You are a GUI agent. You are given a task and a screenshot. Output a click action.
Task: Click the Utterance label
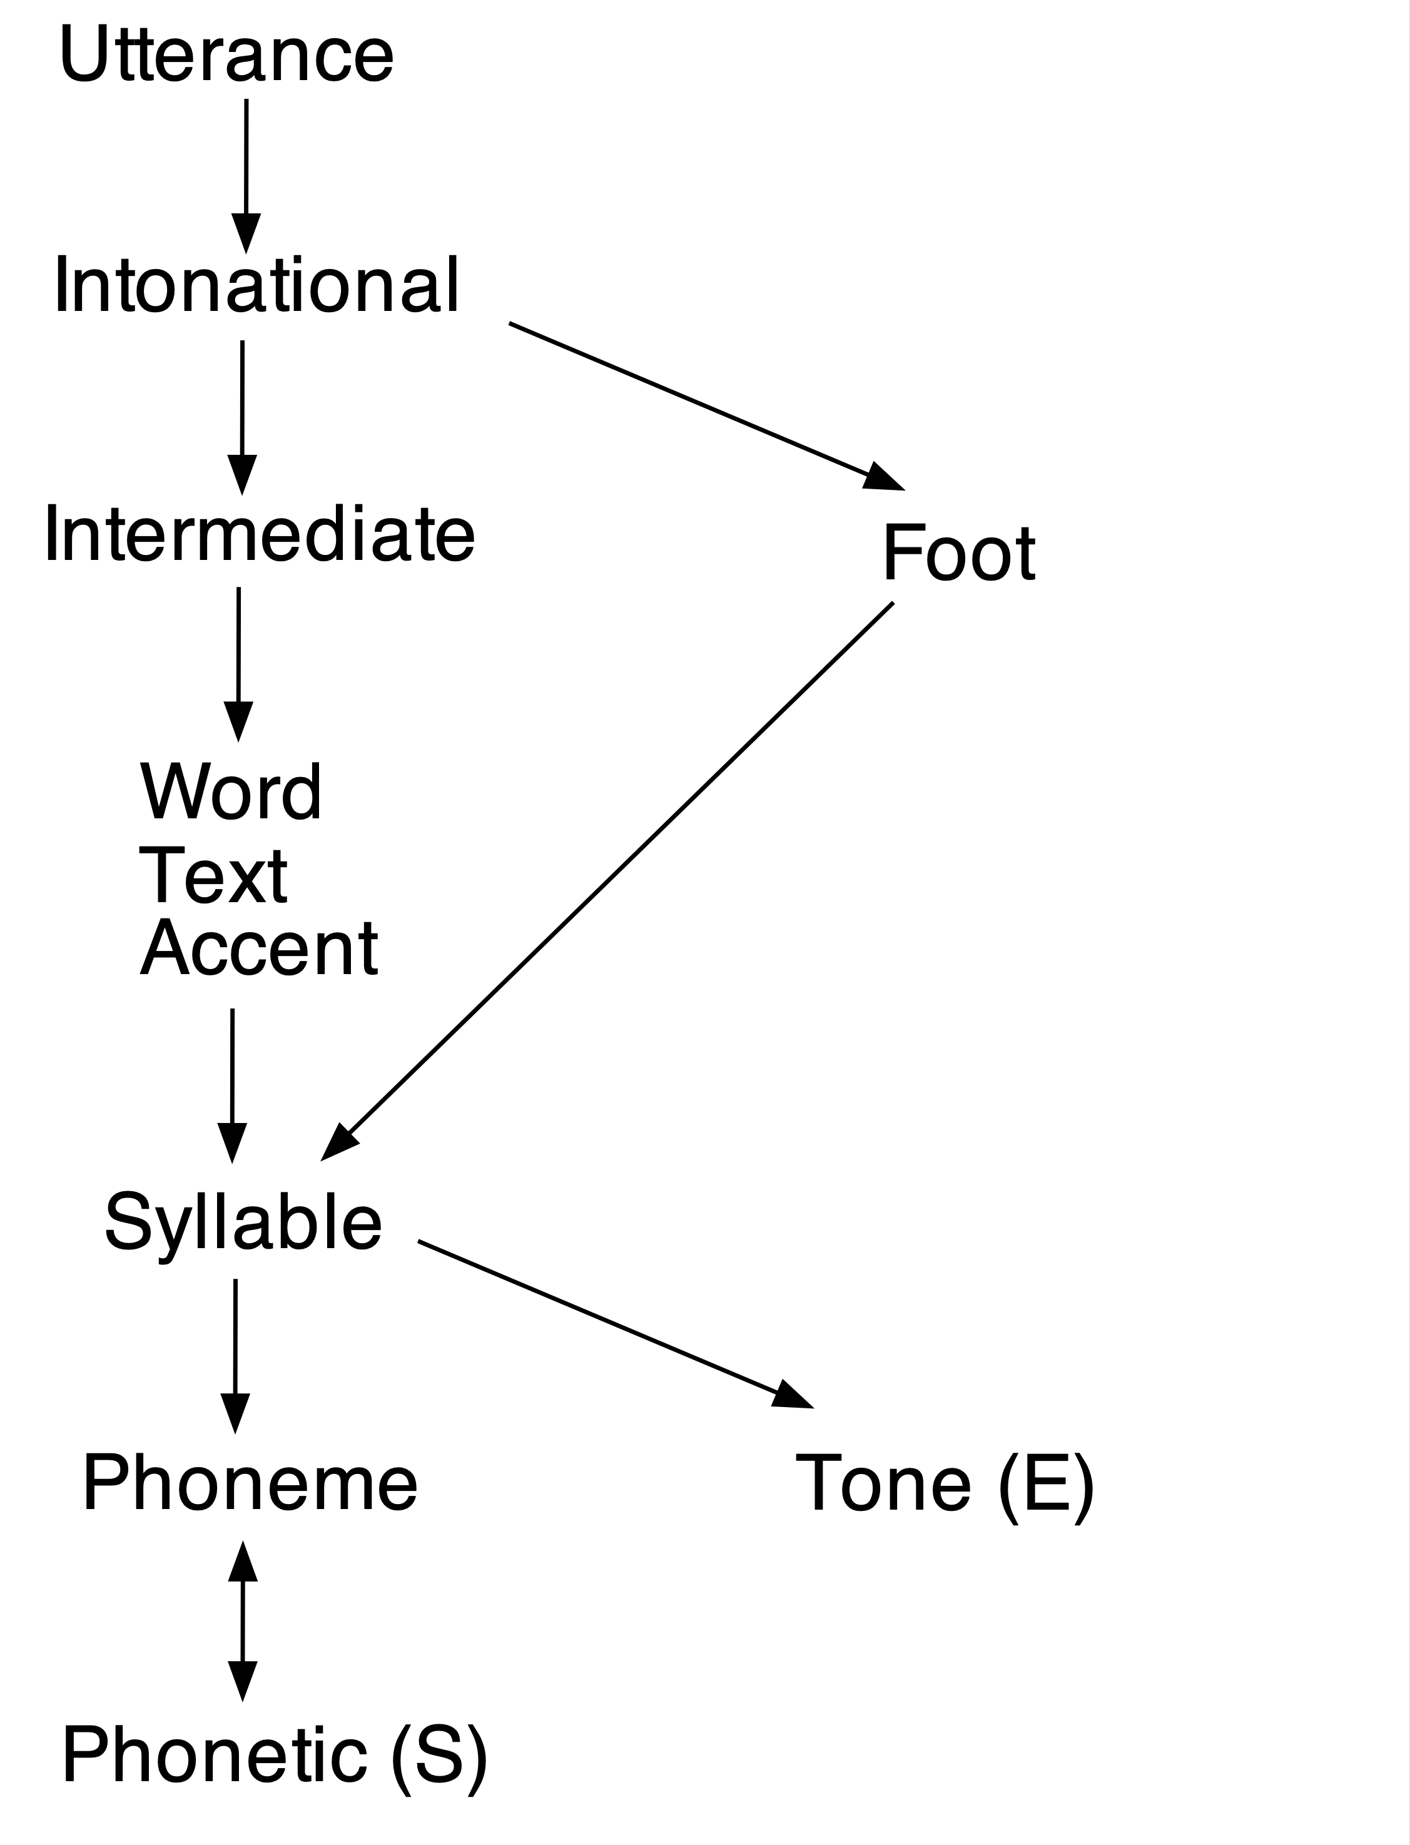click(226, 54)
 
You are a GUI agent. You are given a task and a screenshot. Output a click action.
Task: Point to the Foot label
click(958, 553)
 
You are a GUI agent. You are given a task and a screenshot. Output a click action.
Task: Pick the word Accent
click(258, 949)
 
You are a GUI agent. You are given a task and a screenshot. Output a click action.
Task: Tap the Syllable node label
click(243, 1222)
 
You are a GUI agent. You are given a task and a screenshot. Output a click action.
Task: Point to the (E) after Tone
click(1047, 1484)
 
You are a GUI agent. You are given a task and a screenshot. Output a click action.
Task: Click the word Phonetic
click(214, 1756)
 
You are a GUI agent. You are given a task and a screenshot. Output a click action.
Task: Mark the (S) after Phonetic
click(439, 1756)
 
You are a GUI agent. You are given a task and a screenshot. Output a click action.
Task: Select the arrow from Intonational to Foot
click(705, 405)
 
